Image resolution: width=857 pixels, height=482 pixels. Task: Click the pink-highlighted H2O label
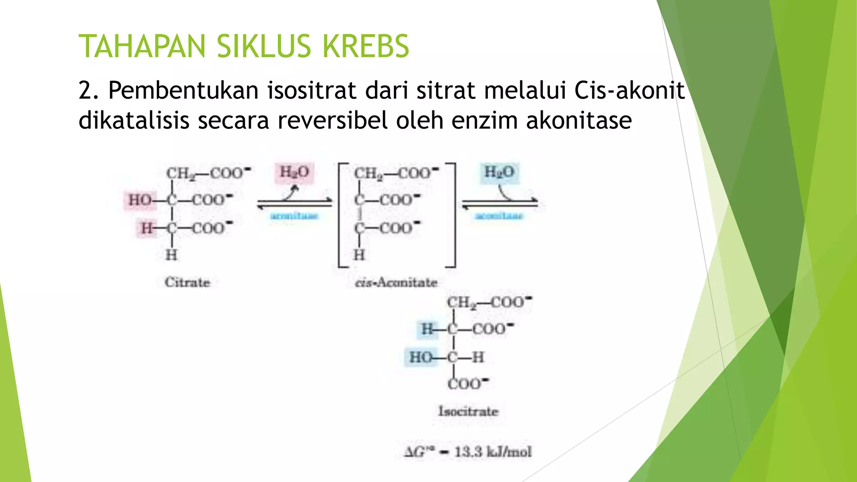click(294, 172)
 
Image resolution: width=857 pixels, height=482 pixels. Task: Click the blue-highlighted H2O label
click(499, 172)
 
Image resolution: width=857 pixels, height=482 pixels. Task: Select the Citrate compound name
click(187, 282)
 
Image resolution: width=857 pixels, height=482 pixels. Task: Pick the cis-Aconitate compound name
click(396, 283)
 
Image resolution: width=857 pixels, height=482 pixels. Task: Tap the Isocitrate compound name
click(468, 411)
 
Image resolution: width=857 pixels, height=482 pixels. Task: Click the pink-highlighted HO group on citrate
click(140, 200)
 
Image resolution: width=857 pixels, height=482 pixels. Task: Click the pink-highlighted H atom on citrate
click(146, 228)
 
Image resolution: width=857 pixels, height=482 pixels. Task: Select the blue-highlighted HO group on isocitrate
click(421, 357)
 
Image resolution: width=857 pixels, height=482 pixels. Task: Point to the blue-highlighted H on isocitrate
click(427, 329)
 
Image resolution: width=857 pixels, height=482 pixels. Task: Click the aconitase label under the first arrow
click(294, 216)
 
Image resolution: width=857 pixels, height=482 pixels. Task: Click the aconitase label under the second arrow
click(499, 216)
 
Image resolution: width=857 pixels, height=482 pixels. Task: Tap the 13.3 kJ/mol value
click(493, 452)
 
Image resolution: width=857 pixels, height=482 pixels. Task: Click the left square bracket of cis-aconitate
click(340, 215)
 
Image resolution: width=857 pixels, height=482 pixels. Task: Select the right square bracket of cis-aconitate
click(454, 215)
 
